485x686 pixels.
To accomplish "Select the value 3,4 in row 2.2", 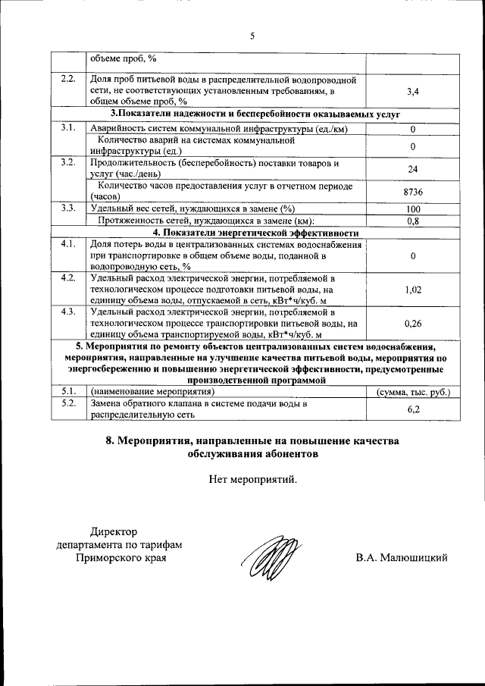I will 413,92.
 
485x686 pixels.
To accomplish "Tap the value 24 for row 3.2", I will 413,169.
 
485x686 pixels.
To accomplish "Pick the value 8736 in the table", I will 413,192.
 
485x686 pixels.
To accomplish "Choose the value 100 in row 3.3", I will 413,209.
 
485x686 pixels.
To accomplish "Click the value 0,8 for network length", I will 413,221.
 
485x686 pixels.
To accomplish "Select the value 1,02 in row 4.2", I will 413,290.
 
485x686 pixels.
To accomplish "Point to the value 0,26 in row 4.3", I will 413,323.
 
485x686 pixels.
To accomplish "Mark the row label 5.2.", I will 68,403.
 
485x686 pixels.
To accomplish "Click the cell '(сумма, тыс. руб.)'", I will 413,392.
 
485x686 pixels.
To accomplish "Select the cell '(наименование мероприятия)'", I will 152,392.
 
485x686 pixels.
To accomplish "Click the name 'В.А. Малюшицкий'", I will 402,558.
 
